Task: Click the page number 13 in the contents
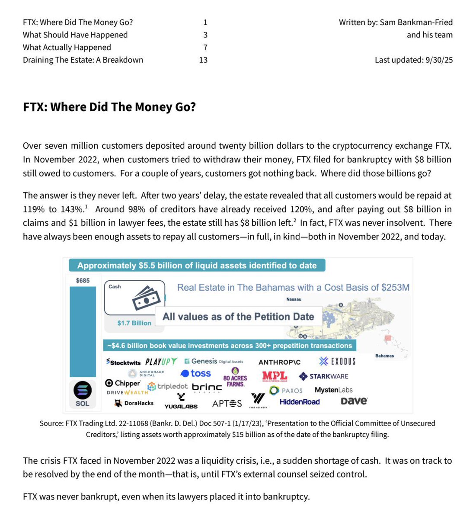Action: [203, 60]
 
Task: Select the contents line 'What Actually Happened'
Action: [67, 48]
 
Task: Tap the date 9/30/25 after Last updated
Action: [439, 60]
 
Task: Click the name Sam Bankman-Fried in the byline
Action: [416, 22]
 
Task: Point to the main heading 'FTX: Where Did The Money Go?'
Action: [109, 107]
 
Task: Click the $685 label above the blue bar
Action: [83, 281]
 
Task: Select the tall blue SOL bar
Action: [83, 331]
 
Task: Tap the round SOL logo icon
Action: [83, 390]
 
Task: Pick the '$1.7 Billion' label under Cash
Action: [134, 323]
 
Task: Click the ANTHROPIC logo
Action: [279, 362]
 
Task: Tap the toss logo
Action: [196, 373]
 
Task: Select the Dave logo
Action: [354, 401]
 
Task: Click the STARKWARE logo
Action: [323, 376]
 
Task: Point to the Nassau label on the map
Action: [294, 299]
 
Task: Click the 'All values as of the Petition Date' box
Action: [238, 317]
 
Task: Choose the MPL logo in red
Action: [275, 376]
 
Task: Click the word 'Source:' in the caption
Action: [51, 423]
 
